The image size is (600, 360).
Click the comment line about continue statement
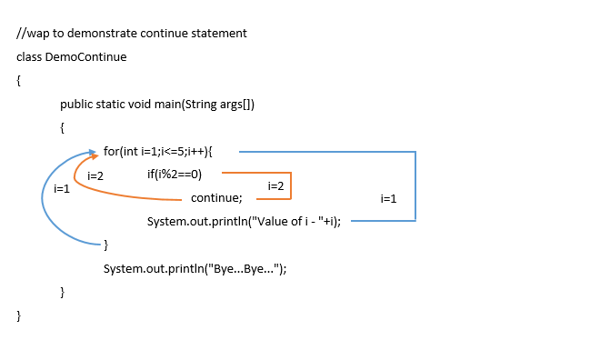coord(132,34)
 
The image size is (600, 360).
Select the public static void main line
coord(157,105)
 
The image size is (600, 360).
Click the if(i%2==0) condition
coord(175,175)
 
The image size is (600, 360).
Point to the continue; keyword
coord(216,198)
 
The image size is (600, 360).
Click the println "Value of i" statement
coord(244,222)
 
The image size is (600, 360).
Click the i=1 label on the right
coord(388,198)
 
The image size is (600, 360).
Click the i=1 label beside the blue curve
coord(62,189)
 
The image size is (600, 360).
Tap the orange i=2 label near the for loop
coord(95,175)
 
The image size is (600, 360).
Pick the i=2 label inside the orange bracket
coord(276,186)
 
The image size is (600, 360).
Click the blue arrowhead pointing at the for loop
coord(95,152)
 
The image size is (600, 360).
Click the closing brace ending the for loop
coord(105,245)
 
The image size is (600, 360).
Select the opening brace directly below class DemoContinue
coord(18,81)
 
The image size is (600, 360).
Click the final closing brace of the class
coord(18,315)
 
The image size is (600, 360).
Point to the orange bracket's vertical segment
coord(291,185)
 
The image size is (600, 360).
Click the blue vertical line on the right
coord(415,185)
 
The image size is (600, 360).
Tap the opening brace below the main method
coord(62,128)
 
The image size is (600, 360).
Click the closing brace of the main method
coord(62,292)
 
